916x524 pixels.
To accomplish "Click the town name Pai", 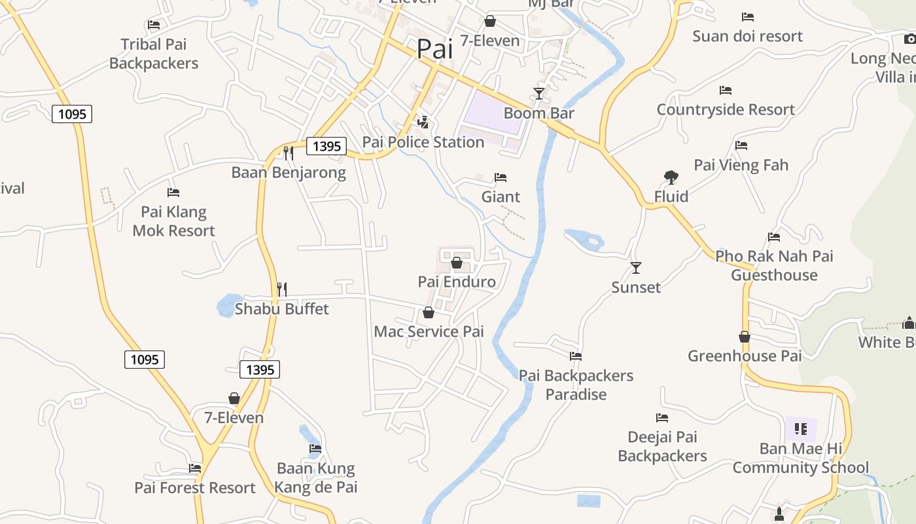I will [435, 49].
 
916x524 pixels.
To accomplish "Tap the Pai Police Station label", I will [423, 142].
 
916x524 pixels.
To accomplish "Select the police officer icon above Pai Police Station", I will [423, 122].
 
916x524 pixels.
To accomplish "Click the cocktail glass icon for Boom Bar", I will [538, 94].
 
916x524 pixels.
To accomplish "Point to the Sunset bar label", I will [636, 288].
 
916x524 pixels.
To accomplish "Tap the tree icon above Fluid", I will [671, 177].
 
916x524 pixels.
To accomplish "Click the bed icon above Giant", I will [501, 178].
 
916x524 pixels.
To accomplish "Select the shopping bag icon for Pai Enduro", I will [457, 263].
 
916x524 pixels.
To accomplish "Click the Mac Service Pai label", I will [429, 331].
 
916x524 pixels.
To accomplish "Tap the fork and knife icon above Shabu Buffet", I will [282, 289].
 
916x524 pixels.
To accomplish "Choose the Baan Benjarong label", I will [289, 173].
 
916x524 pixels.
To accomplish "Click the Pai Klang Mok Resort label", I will [173, 221].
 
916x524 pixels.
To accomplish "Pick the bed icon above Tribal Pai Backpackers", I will [154, 25].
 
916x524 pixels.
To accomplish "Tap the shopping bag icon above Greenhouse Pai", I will [745, 337].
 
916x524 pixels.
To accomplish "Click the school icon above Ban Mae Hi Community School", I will [801, 429].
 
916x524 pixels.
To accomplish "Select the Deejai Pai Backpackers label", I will [662, 447].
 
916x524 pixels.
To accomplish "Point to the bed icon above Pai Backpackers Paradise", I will [576, 356].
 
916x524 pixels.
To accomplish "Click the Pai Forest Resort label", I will [195, 488].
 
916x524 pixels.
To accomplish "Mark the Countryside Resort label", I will [726, 110].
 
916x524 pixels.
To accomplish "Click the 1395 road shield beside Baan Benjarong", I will [326, 146].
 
